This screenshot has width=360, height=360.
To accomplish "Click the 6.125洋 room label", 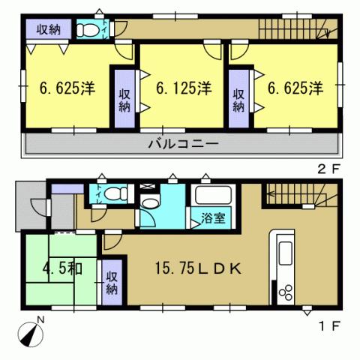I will (x=182, y=88).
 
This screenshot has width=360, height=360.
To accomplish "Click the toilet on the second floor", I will (x=88, y=30).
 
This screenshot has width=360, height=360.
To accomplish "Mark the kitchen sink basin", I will (x=286, y=250).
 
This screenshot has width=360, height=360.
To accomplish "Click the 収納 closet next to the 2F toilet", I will (x=49, y=29).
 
